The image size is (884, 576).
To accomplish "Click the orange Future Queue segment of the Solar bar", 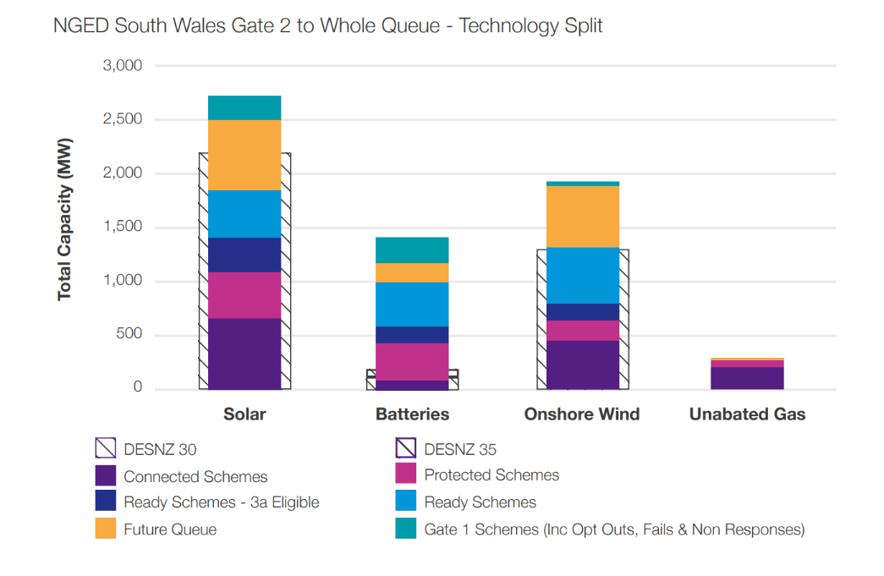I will click(244, 155).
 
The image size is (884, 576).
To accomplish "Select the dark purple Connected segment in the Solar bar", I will click(244, 354).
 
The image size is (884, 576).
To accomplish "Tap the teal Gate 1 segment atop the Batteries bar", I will click(412, 250).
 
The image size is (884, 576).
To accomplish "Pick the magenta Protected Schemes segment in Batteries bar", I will click(412, 362).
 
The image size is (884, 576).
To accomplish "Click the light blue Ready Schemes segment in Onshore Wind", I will click(582, 276).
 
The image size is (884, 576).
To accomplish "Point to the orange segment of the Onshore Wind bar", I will click(582, 217).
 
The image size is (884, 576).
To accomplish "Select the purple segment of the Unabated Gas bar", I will click(747, 378).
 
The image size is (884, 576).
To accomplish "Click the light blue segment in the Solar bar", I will click(244, 214).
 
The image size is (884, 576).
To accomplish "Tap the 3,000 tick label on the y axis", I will click(123, 66).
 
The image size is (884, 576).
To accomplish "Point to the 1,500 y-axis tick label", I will click(123, 228).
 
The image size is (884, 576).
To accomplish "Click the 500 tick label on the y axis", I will click(129, 335).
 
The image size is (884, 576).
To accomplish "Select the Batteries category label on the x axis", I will click(412, 414).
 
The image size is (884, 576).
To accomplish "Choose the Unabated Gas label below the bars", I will click(747, 414).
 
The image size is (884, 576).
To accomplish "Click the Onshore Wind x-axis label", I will click(582, 414).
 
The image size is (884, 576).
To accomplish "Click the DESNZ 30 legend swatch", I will click(106, 449).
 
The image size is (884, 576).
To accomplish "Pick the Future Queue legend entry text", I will click(170, 530).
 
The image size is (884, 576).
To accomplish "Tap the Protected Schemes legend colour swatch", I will click(406, 475).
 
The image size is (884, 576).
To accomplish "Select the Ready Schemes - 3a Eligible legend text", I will click(221, 502).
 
